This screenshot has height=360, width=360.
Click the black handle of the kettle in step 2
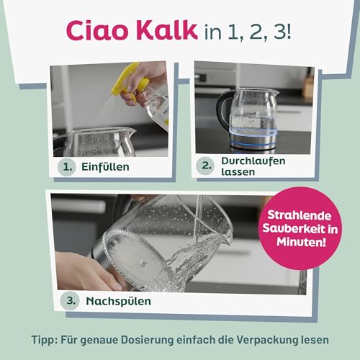[x=225, y=108]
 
